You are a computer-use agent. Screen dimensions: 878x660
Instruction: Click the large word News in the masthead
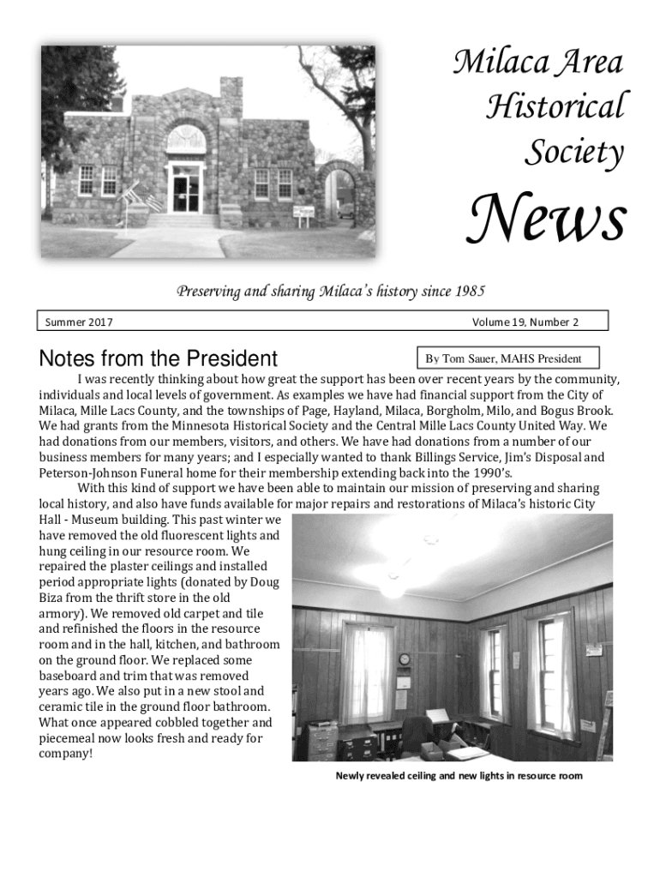click(x=544, y=219)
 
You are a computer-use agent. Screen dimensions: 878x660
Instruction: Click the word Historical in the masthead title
click(x=555, y=107)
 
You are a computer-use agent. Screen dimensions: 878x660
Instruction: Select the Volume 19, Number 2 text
click(x=525, y=322)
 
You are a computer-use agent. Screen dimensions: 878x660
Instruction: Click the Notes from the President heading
click(x=159, y=358)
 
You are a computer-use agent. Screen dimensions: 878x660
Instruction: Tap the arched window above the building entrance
click(x=185, y=137)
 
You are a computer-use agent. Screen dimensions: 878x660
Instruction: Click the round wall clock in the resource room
click(x=404, y=658)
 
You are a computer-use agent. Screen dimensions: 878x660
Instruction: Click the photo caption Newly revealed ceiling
click(x=459, y=776)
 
